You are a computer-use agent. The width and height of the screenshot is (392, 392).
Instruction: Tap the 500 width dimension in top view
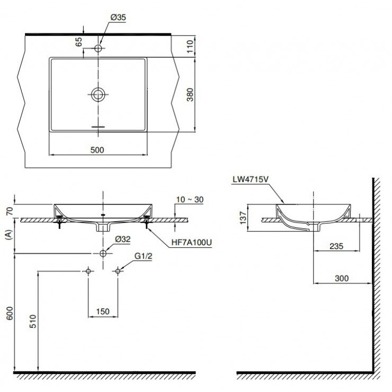tap(96, 150)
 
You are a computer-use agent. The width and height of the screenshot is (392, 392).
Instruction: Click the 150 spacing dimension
tap(103, 311)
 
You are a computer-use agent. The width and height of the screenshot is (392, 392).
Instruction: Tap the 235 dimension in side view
tap(336, 245)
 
